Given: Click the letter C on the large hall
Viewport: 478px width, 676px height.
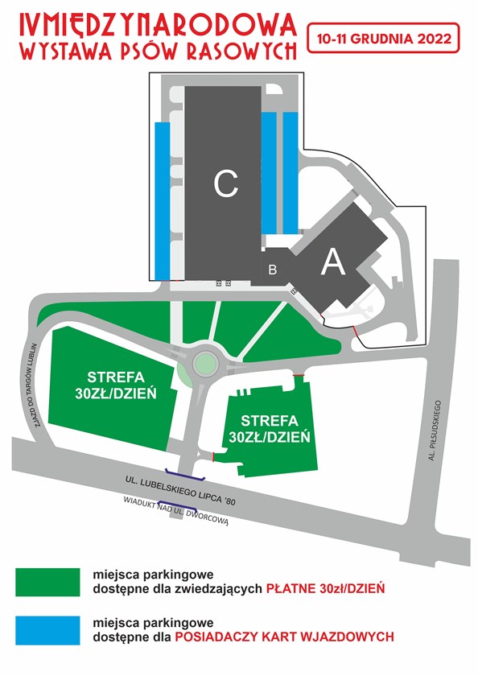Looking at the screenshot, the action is tap(226, 183).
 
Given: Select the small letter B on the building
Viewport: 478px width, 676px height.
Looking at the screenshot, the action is tap(273, 270).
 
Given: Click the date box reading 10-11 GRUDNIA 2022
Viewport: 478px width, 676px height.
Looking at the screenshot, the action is tap(383, 39).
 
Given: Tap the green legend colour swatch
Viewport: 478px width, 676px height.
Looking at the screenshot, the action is tap(47, 582).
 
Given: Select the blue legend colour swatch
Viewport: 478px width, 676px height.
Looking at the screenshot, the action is tap(47, 630).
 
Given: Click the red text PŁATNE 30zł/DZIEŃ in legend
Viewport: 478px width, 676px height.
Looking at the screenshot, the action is tap(325, 588).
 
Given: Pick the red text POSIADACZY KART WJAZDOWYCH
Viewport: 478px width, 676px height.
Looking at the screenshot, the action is tap(285, 637).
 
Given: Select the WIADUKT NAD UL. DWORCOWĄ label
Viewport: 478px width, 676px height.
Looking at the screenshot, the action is tap(175, 512).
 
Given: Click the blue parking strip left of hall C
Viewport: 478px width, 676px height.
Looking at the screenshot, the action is tap(162, 201).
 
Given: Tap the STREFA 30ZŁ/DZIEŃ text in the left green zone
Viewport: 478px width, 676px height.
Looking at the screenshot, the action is tap(116, 385).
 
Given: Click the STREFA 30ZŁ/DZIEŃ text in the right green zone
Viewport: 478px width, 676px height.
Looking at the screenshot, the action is tap(270, 428).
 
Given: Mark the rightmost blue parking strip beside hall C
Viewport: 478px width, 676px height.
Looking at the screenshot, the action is tap(291, 171).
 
